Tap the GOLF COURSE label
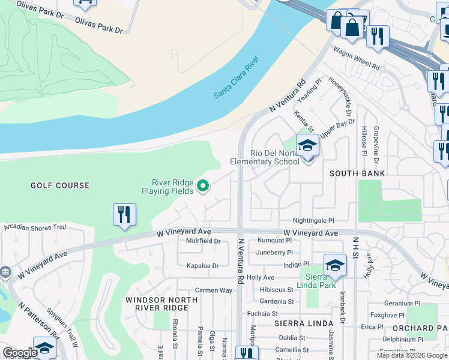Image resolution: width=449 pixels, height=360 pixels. click(60, 186)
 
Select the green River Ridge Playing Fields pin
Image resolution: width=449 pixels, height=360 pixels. click(203, 187)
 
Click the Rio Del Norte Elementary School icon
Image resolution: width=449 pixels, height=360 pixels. click(308, 147)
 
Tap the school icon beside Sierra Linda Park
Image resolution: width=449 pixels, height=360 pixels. click(335, 266)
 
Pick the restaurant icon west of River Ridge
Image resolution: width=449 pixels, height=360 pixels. click(124, 215)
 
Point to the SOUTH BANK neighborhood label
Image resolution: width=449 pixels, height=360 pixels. click(357, 173)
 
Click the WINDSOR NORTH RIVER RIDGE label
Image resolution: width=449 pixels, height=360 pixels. click(157, 303)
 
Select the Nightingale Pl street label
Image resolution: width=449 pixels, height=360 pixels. click(313, 221)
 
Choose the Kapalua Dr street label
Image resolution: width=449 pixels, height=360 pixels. click(202, 265)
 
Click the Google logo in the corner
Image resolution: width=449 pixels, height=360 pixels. click(20, 353)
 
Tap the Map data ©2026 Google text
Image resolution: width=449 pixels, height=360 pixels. click(412, 355)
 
